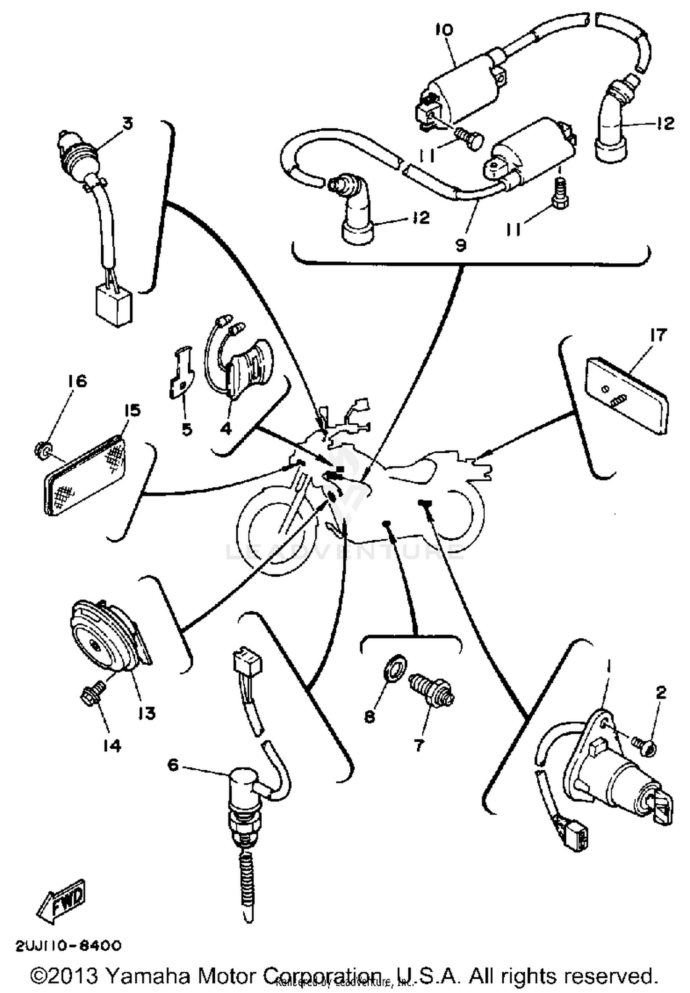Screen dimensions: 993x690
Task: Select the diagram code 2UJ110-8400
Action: [69, 946]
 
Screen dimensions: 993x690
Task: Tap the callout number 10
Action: [444, 30]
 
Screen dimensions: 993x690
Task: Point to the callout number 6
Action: [173, 765]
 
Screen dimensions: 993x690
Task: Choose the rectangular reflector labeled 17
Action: [627, 395]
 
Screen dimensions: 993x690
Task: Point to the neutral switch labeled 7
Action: [431, 687]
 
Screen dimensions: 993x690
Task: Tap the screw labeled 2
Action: [644, 742]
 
